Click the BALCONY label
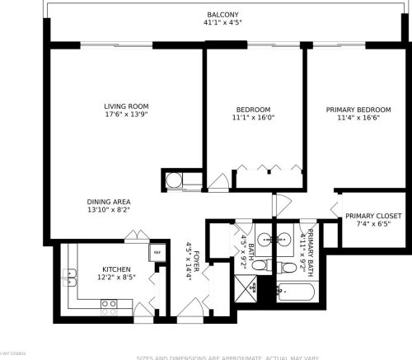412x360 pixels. pos(223,14)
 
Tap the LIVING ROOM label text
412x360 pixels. pos(125,106)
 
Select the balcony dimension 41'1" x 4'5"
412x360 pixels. pos(223,23)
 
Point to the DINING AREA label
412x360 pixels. pos(109,201)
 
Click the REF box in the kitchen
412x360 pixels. pos(155,254)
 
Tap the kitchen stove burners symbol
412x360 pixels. pos(109,304)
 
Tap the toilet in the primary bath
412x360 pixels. pos(288,265)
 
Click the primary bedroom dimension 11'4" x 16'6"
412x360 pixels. pos(357,118)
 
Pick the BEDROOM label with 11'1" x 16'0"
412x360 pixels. pos(253,110)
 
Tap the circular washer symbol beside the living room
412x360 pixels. pos(175,180)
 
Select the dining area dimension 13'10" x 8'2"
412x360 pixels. pos(109,209)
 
